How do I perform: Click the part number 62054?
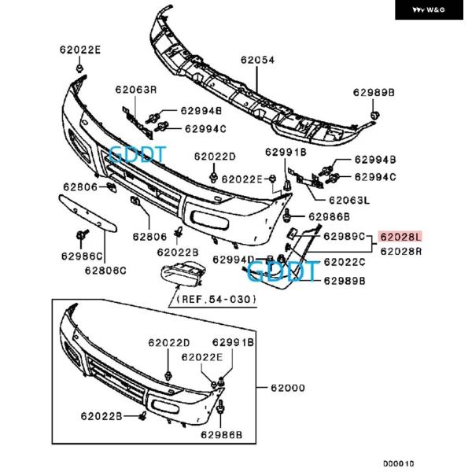257,59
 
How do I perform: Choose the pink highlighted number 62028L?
401,236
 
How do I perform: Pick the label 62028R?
401,251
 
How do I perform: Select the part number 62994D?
234,260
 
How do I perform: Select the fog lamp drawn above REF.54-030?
183,276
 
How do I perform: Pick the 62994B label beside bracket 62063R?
204,112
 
